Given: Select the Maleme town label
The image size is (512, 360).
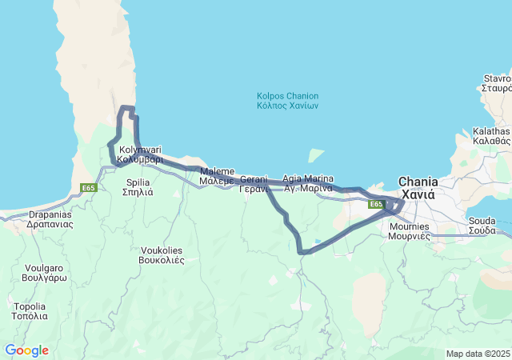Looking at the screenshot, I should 217,176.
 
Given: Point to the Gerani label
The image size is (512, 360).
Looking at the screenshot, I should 254,184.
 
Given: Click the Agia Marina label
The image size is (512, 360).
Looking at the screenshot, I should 307,183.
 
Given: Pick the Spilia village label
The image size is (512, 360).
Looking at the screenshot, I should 138,186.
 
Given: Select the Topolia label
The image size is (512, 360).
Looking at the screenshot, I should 30,310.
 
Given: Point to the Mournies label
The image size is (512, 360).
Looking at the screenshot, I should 409,231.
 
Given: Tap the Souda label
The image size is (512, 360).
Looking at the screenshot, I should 482,225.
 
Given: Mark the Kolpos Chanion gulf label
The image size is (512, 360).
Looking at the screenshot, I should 288,100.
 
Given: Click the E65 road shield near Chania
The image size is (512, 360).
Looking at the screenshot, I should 376,205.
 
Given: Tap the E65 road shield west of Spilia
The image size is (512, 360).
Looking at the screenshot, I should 89,188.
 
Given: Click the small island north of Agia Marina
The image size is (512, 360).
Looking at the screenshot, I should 317,154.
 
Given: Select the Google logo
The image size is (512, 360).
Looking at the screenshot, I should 26,350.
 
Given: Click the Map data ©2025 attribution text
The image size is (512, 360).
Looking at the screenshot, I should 478,354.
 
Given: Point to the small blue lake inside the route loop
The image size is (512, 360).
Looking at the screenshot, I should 318,241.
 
